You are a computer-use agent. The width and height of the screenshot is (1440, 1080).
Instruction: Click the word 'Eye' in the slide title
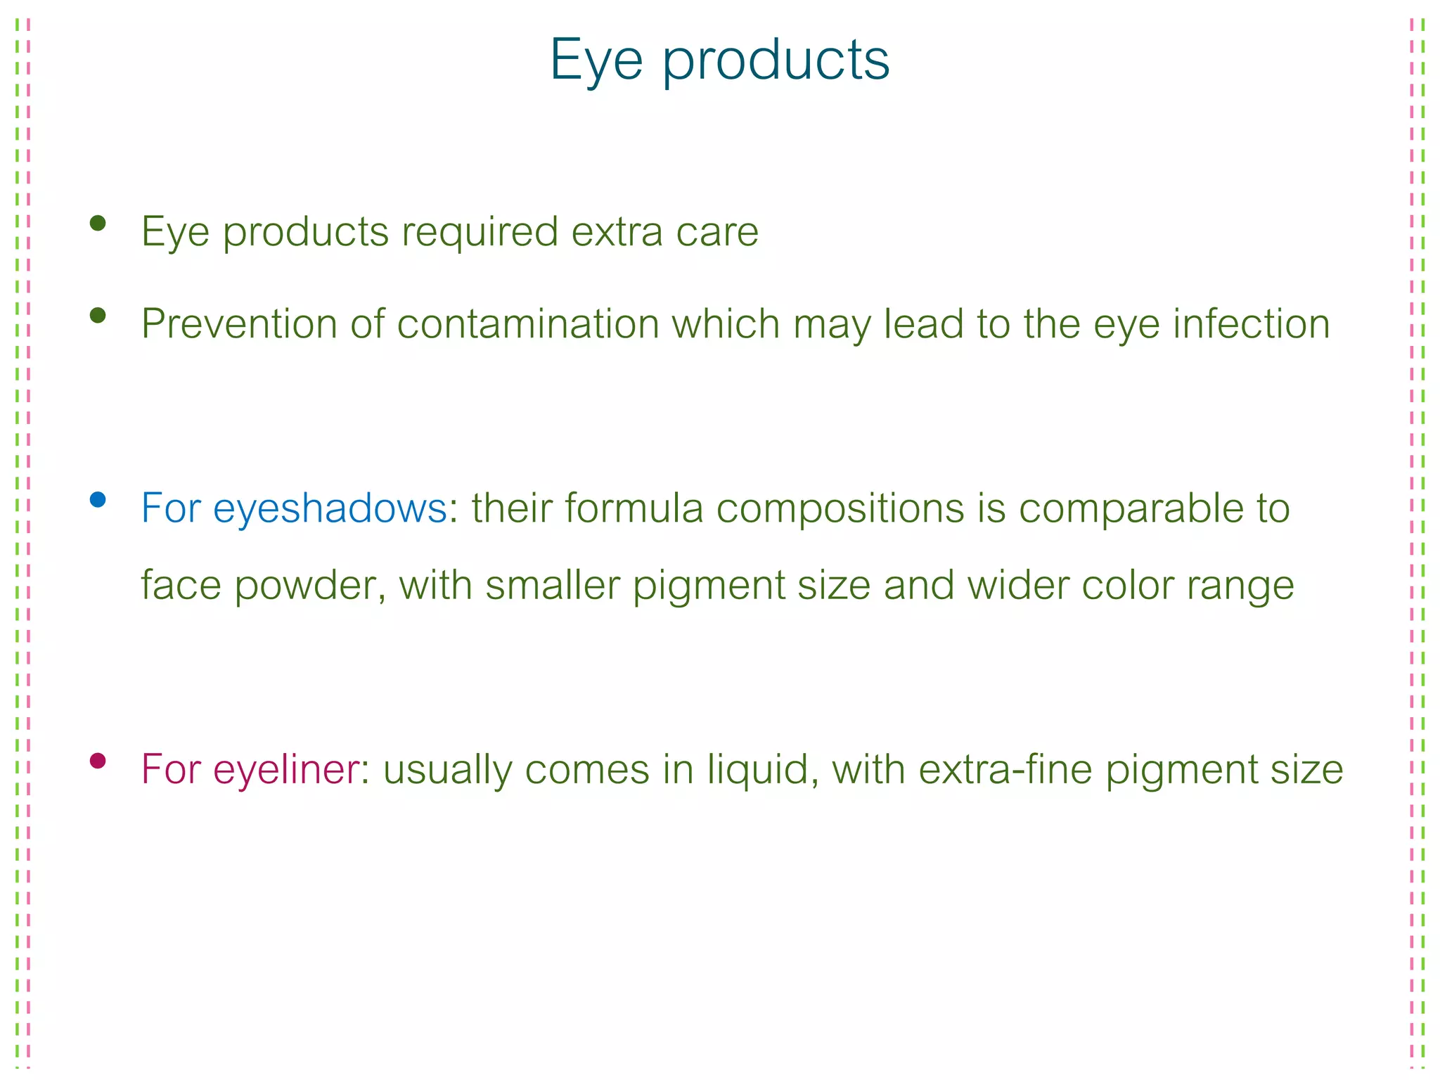(x=596, y=61)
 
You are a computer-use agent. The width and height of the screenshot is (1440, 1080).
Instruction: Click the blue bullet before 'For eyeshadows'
(x=98, y=500)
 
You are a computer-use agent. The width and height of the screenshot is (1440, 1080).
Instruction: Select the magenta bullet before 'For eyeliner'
(x=98, y=761)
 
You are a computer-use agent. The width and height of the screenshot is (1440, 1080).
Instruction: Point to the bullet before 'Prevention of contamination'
(x=98, y=316)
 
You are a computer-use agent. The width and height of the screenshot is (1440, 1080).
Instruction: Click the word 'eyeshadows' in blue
(x=330, y=508)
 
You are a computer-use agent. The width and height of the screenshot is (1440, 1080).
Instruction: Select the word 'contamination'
(x=528, y=324)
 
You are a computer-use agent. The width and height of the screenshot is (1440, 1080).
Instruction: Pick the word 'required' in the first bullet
(x=480, y=232)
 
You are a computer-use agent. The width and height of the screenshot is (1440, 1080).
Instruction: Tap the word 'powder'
(x=309, y=585)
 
